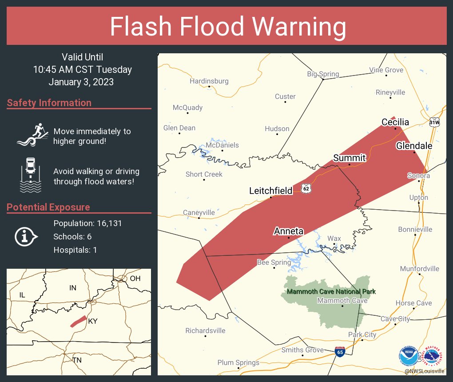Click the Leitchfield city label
tap(270, 191)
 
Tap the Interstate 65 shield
tap(339, 352)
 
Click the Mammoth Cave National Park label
tap(331, 292)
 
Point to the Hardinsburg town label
tap(209, 81)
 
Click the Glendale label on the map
tap(414, 146)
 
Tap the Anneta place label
tap(288, 231)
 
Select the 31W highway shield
tap(434, 122)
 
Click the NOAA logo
tap(408, 355)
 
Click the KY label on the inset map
tap(93, 321)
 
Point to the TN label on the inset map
tap(77, 360)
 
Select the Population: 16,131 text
tap(87, 223)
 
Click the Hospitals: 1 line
tap(75, 250)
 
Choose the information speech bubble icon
tap(26, 236)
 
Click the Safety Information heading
tap(49, 103)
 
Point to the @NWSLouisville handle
tap(424, 371)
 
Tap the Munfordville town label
tap(419, 268)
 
